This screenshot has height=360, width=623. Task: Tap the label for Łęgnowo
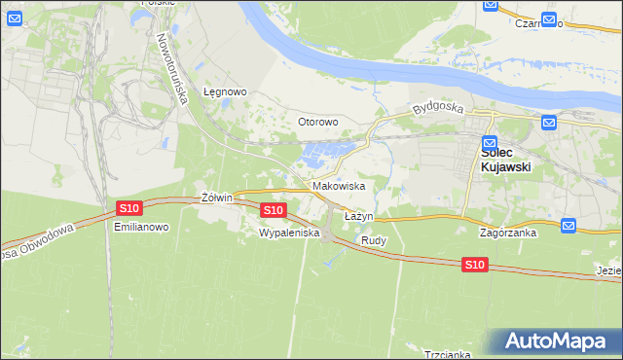tap(225, 91)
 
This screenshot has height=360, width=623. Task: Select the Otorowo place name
tap(316, 122)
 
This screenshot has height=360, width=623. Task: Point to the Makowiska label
tap(339, 185)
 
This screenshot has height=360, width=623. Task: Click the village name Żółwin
tap(216, 198)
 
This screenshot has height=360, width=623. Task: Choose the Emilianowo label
tap(142, 227)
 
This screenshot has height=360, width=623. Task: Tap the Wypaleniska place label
tap(283, 234)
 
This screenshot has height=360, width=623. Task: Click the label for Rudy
tap(374, 239)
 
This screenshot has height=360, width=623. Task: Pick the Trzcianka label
tap(448, 354)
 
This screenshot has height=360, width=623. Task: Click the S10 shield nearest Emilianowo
tap(129, 208)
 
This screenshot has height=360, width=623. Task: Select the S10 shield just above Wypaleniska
tap(274, 209)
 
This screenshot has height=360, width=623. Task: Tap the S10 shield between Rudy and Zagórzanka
tap(474, 265)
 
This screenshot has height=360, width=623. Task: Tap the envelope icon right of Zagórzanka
tap(569, 226)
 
